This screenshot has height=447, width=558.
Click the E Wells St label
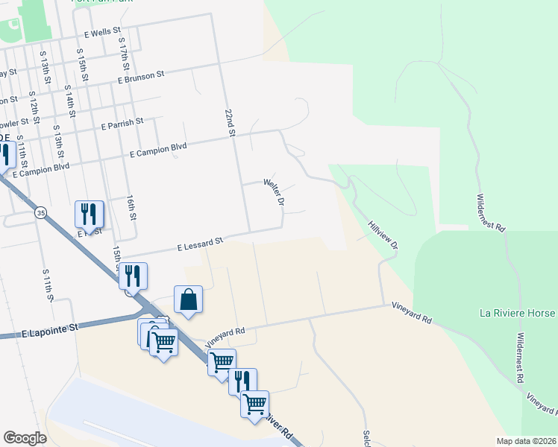107,34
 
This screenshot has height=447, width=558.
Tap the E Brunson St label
140,76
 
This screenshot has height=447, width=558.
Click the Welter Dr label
275,191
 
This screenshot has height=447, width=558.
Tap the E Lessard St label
199,243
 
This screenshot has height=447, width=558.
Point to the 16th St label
131,207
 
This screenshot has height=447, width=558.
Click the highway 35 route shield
41,212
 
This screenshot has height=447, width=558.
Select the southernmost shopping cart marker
254,403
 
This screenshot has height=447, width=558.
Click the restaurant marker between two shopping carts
242,381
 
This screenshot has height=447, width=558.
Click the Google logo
25,437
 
